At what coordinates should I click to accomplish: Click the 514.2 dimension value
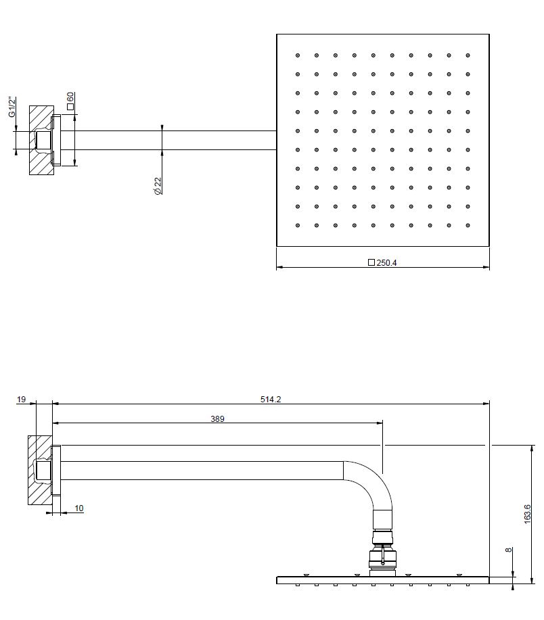(x=271, y=400)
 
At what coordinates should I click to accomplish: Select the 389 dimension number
(x=217, y=419)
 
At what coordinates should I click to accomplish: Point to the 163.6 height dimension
(x=527, y=514)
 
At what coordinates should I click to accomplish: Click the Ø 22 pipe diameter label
(x=158, y=185)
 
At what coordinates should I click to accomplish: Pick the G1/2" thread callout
(x=12, y=107)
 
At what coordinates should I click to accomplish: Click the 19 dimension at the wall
(x=21, y=400)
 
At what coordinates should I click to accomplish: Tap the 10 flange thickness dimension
(x=79, y=508)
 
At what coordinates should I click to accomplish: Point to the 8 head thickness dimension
(x=509, y=550)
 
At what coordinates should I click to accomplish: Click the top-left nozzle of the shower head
(x=298, y=55)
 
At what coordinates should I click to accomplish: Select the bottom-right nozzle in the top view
(x=468, y=225)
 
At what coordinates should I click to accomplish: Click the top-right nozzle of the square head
(x=468, y=55)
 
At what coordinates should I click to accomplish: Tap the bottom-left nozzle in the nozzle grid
(x=298, y=225)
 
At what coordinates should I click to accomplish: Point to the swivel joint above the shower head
(x=382, y=554)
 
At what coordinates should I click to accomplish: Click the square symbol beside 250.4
(x=371, y=262)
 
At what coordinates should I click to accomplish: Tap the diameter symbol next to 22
(x=158, y=191)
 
